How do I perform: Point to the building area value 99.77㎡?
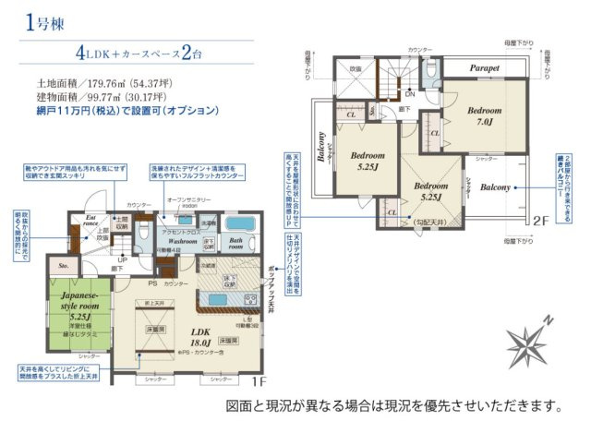(x=103, y=95)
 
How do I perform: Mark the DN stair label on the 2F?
(x=409, y=93)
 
